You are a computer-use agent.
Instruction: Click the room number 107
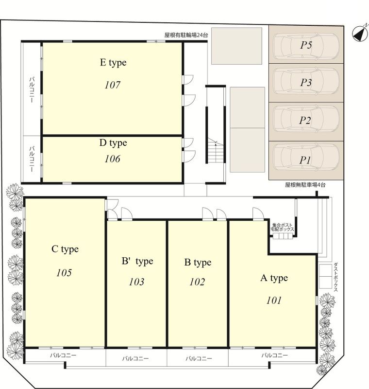pyautogui.click(x=113, y=85)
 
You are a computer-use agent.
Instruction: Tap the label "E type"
pyautogui.click(x=113, y=63)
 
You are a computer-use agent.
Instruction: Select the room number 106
pyautogui.click(x=113, y=159)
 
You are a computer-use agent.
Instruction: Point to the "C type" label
pyautogui.click(x=65, y=249)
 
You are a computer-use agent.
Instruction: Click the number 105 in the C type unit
pyautogui.click(x=64, y=273)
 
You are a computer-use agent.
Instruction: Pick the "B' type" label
pyautogui.click(x=137, y=261)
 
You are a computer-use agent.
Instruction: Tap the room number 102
pyautogui.click(x=197, y=282)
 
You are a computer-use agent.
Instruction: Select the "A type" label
pyautogui.click(x=274, y=278)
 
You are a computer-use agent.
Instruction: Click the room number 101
pyautogui.click(x=274, y=301)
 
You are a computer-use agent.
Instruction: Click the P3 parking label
pyautogui.click(x=306, y=82)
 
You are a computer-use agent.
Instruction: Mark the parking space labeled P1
pyautogui.click(x=306, y=160)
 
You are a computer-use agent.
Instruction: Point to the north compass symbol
pyautogui.click(x=360, y=33)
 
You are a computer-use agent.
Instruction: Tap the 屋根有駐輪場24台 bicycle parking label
pyautogui.click(x=186, y=35)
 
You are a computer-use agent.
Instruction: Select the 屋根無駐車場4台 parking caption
pyautogui.click(x=305, y=185)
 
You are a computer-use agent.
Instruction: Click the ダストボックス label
pyautogui.click(x=335, y=277)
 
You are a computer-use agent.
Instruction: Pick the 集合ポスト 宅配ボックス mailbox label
pyautogui.click(x=282, y=227)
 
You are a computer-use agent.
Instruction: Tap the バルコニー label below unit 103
pyautogui.click(x=135, y=358)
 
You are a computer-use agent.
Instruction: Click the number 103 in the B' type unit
pyautogui.click(x=136, y=282)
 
